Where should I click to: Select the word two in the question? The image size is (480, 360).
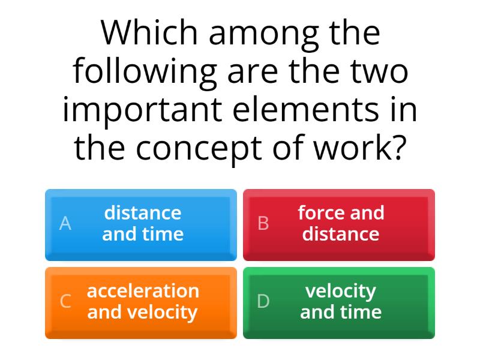pyautogui.click(x=382, y=71)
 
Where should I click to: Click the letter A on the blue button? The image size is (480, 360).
pyautogui.click(x=65, y=223)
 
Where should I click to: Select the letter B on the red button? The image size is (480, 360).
pyautogui.click(x=263, y=223)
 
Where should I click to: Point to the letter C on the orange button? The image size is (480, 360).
pyautogui.click(x=65, y=301)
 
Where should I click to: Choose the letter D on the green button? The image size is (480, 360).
pyautogui.click(x=263, y=301)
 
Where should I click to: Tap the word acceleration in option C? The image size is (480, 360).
pyautogui.click(x=143, y=291)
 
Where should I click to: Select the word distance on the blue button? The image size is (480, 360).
pyautogui.click(x=143, y=213)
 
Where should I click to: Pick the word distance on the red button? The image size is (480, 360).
pyautogui.click(x=341, y=234)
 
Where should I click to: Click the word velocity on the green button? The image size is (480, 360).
pyautogui.click(x=341, y=291)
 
